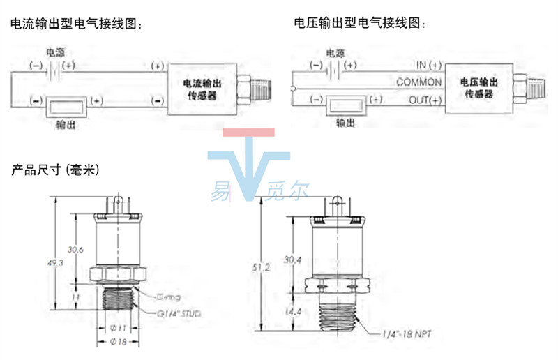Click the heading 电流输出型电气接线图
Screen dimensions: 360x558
tap(76, 24)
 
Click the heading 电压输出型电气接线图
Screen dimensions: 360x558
tap(360, 24)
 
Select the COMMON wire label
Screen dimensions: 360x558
tap(418, 82)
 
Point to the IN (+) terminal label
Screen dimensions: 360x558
tap(429, 65)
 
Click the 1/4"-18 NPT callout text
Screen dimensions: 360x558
tap(407, 336)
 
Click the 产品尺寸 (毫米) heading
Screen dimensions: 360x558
tap(56, 170)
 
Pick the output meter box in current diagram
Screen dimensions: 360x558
tap(66, 107)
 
